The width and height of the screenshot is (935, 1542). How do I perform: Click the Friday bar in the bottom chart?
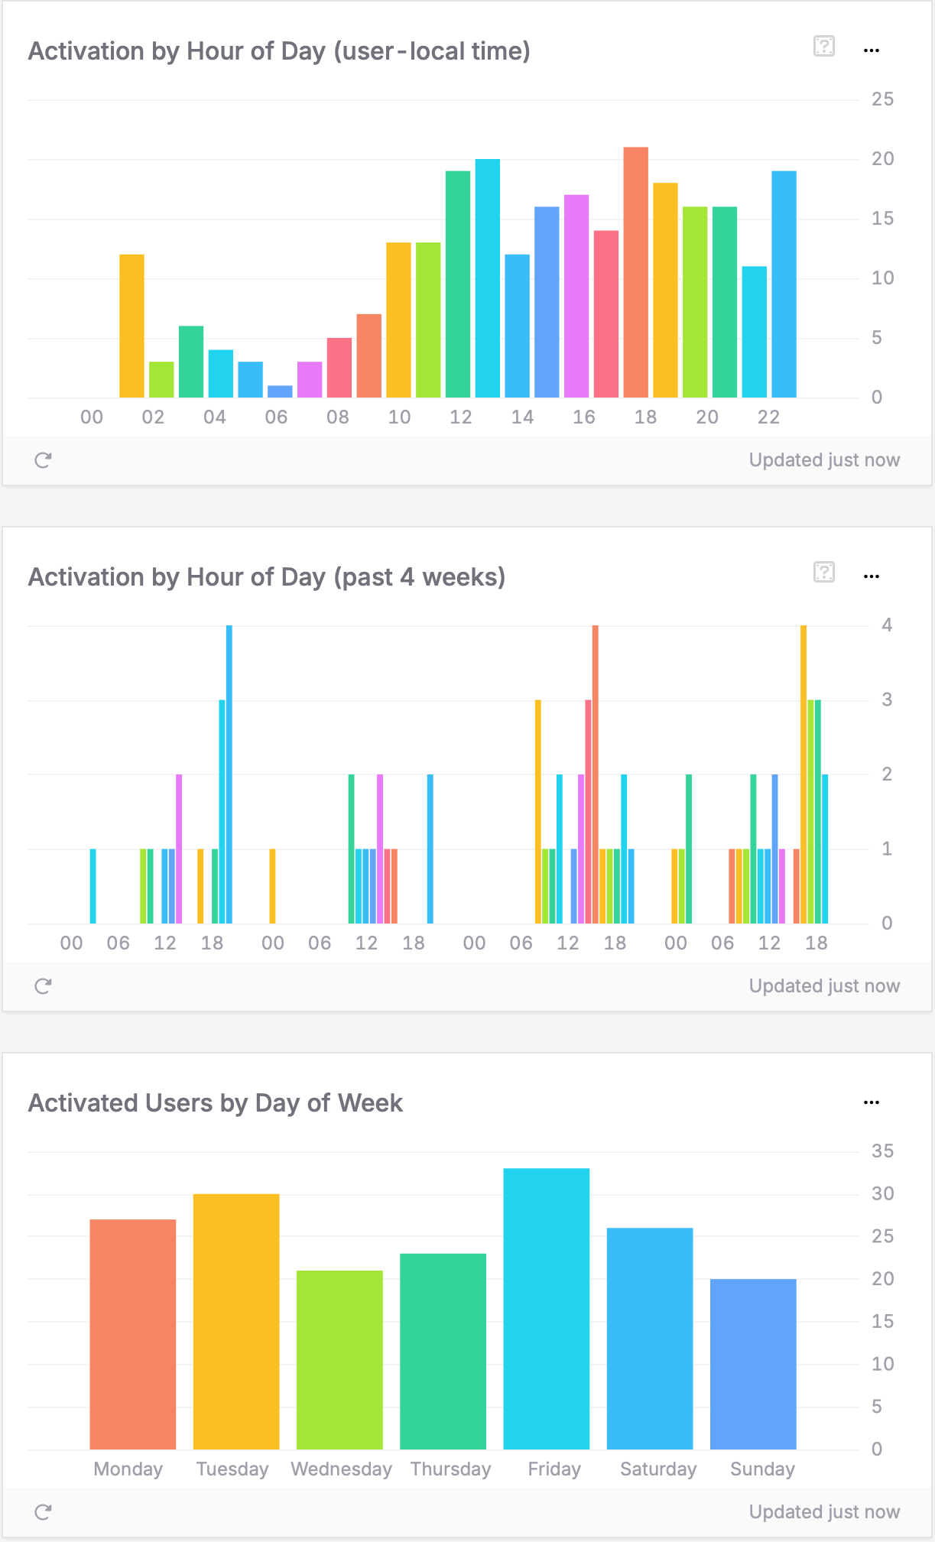(546, 1309)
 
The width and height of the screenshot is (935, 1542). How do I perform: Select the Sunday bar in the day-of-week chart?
(753, 1364)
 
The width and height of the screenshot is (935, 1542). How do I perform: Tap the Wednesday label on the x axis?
(341, 1469)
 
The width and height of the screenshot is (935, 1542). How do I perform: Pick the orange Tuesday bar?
(236, 1321)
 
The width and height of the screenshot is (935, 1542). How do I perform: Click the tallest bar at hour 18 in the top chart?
(635, 272)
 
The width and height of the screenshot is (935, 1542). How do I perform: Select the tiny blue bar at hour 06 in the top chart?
(280, 391)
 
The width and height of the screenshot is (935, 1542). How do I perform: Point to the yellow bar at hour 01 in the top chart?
(131, 326)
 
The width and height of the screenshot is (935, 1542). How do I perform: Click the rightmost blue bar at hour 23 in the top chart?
(784, 284)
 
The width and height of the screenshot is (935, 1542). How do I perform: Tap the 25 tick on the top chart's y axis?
(882, 99)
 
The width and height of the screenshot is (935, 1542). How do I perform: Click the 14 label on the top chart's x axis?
(522, 417)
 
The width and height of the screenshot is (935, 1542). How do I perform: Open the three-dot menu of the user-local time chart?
(872, 50)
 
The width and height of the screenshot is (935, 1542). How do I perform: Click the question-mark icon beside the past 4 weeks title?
(823, 572)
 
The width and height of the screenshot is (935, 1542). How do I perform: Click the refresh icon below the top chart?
(43, 459)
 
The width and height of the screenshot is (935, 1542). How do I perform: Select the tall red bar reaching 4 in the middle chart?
(596, 774)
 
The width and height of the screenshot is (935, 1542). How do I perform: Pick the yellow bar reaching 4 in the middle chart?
(804, 774)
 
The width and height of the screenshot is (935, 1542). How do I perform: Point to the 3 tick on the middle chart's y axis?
(886, 700)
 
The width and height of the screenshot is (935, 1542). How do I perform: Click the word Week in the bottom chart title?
(370, 1103)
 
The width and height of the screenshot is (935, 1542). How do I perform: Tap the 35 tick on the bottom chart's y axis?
(882, 1151)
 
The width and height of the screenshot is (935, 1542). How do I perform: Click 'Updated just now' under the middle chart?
(823, 985)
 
